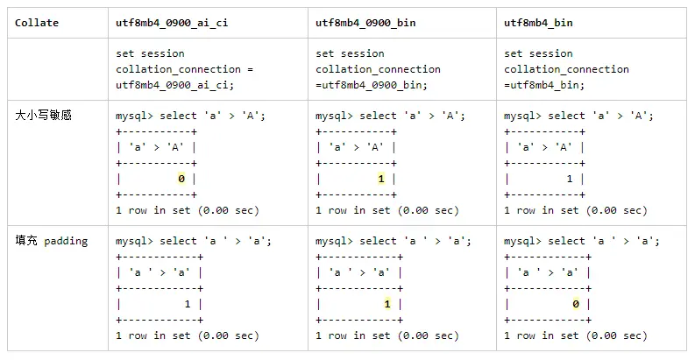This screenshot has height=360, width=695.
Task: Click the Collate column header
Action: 37,23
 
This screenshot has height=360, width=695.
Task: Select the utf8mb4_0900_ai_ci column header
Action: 172,23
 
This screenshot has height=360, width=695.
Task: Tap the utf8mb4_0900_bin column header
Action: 365,23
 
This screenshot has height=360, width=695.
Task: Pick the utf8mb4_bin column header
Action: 538,23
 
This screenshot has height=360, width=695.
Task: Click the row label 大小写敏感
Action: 44,116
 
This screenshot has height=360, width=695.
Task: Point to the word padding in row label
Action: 66,242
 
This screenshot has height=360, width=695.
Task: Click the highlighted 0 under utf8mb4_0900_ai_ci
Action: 181,179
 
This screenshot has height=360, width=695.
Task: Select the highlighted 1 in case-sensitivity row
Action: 381,179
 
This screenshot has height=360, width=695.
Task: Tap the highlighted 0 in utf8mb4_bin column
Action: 576,304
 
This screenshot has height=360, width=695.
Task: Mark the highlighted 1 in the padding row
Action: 387,304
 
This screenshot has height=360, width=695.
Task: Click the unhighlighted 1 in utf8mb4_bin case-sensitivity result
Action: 570,179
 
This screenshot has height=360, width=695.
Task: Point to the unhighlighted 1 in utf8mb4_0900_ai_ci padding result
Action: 188,304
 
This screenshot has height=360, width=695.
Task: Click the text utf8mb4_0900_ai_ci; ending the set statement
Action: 175,85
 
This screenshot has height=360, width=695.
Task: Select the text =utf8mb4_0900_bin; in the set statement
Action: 372,85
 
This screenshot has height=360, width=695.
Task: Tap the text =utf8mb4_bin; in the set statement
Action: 544,85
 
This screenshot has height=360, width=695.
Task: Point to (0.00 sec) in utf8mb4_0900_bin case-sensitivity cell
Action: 428,210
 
